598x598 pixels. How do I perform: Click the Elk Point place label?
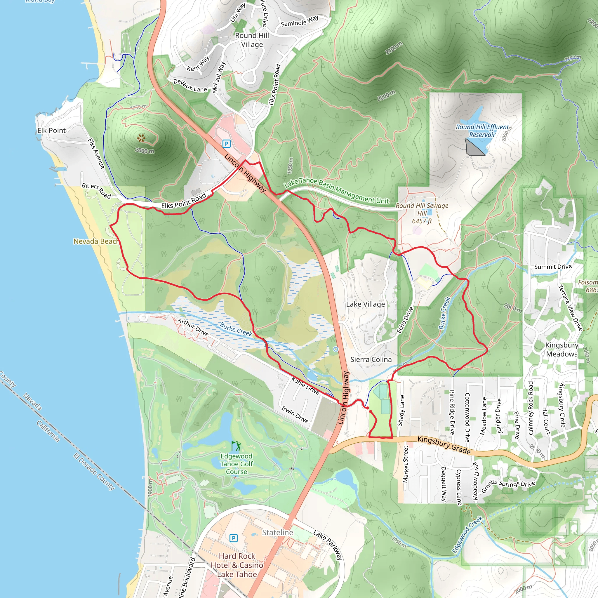click(x=51, y=131)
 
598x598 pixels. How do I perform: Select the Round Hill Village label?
click(x=252, y=40)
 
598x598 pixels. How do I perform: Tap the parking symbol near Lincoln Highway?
click(x=227, y=144)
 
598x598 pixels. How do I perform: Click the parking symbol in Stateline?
click(x=234, y=538)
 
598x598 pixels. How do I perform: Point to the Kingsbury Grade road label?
click(x=444, y=445)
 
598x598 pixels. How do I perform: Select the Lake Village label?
click(x=366, y=304)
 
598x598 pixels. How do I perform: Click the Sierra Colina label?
click(x=371, y=359)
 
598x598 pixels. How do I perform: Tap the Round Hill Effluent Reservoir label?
click(x=482, y=131)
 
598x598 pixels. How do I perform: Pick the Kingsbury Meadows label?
click(x=562, y=350)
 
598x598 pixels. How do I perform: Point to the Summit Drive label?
click(x=553, y=267)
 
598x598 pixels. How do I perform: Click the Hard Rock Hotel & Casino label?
click(x=237, y=565)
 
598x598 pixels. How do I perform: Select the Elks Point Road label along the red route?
click(x=184, y=201)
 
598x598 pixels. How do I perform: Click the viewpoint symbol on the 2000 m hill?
click(x=141, y=138)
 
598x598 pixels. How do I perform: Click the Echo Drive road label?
click(x=405, y=320)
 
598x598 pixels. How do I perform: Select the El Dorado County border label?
click(x=94, y=472)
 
